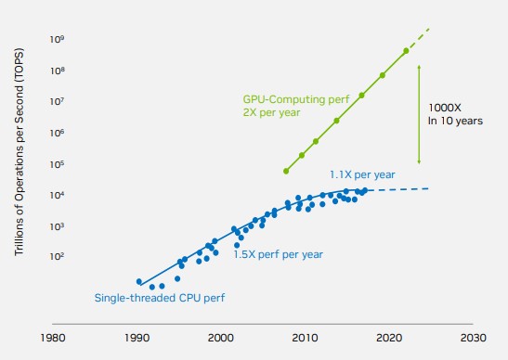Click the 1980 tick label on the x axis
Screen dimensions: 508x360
pyautogui.click(x=53, y=338)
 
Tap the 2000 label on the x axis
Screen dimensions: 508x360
pyautogui.click(x=221, y=338)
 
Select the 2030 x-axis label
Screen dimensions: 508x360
pyautogui.click(x=474, y=338)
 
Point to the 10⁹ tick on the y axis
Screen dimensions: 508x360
pyautogui.click(x=57, y=40)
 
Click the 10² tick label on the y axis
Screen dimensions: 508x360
pyautogui.click(x=57, y=257)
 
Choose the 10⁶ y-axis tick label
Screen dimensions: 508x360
pyautogui.click(x=57, y=133)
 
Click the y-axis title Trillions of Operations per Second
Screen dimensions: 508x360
pyautogui.click(x=19, y=151)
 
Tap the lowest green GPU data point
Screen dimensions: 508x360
pyautogui.click(x=286, y=171)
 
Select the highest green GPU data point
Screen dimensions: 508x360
pyautogui.click(x=406, y=51)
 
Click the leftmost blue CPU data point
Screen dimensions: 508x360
pyautogui.click(x=139, y=281)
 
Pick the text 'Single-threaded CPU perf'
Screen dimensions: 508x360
pyautogui.click(x=160, y=298)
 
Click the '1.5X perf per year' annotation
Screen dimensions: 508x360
pyautogui.click(x=278, y=254)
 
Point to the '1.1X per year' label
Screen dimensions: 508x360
pyautogui.click(x=362, y=174)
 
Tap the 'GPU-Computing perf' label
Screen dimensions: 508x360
pyautogui.click(x=296, y=99)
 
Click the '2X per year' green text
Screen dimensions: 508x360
pyautogui.click(x=271, y=112)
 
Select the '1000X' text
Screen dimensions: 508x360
pyautogui.click(x=445, y=108)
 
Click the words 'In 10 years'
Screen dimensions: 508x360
pyautogui.click(x=455, y=121)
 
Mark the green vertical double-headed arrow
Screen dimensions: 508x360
pyautogui.click(x=419, y=115)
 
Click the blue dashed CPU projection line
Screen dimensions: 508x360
pyautogui.click(x=399, y=189)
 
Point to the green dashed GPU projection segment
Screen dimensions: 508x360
pyautogui.click(x=418, y=40)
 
